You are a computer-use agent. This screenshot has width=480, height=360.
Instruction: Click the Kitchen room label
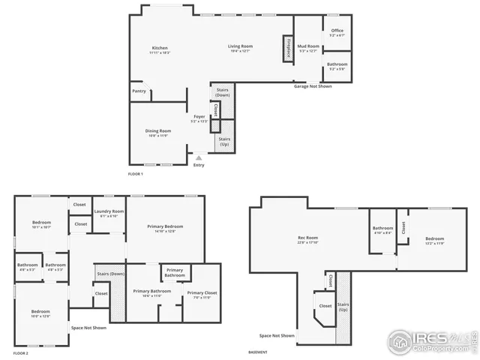coord(159,48)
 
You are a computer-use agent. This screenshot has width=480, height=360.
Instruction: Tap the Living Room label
coord(241,46)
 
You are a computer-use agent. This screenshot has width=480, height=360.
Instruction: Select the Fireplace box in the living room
coord(286,46)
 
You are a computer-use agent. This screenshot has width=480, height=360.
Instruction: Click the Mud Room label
coord(309,46)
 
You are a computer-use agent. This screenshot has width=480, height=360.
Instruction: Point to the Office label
coord(337,31)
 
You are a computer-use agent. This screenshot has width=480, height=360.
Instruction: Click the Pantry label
coord(139,91)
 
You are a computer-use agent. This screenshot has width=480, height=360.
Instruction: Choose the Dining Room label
coord(158,131)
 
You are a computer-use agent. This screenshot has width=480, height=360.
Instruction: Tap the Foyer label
coord(199,117)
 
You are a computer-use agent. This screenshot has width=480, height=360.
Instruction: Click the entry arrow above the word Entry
coord(198,157)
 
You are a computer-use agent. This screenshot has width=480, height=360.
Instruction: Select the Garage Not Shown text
coord(313,86)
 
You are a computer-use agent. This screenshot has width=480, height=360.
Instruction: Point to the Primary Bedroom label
coord(165,226)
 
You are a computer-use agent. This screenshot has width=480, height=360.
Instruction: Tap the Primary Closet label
coord(202,293)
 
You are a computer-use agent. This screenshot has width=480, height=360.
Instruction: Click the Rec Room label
coord(308,239)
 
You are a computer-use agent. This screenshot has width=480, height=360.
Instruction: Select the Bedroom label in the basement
coord(435,239)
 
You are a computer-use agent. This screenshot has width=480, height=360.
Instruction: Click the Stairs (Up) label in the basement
coord(343,306)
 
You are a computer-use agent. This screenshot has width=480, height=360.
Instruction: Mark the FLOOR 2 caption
coord(21,352)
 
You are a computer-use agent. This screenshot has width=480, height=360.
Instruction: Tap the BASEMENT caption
coord(258,352)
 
